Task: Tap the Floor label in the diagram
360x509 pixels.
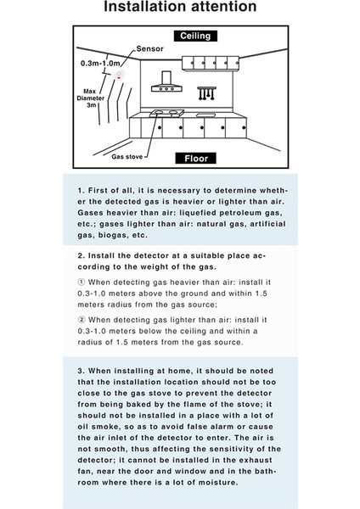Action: (x=192, y=158)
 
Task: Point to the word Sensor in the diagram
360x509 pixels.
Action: (x=149, y=49)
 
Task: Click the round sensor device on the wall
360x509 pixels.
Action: (x=119, y=76)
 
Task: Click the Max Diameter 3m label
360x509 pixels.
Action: (x=94, y=96)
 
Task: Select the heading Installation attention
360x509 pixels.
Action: (x=179, y=8)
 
